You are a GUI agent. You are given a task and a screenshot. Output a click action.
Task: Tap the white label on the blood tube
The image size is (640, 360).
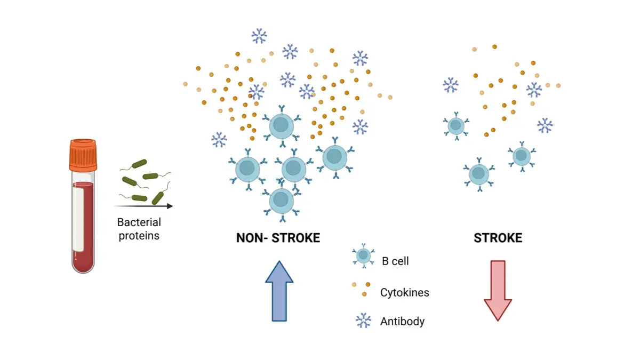click(x=78, y=219)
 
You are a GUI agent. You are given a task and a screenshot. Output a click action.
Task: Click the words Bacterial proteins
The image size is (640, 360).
click(x=139, y=229)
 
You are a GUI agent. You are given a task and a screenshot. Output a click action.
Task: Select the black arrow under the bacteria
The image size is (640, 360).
click(x=143, y=205)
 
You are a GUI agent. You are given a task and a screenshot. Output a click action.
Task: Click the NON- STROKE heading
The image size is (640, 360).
click(x=278, y=238)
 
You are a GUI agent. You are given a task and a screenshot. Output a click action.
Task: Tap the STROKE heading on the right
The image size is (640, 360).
click(x=498, y=238)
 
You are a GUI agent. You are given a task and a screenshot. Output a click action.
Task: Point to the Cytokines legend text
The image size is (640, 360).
click(x=404, y=292)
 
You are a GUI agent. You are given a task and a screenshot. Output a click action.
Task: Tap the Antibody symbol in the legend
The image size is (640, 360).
click(x=363, y=320)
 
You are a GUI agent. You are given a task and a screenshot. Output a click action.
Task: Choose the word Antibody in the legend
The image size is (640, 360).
click(x=403, y=322)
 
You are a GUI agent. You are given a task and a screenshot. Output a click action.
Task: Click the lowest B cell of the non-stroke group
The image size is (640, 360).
click(x=281, y=201)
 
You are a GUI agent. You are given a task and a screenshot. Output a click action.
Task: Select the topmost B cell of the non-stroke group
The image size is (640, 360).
click(x=281, y=126)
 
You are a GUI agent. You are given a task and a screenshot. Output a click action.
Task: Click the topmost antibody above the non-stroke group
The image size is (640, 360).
click(x=259, y=36)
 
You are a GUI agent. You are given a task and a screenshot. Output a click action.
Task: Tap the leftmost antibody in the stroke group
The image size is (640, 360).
click(x=451, y=85)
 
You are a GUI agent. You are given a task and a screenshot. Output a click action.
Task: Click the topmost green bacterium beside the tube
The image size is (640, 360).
click(x=140, y=163)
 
